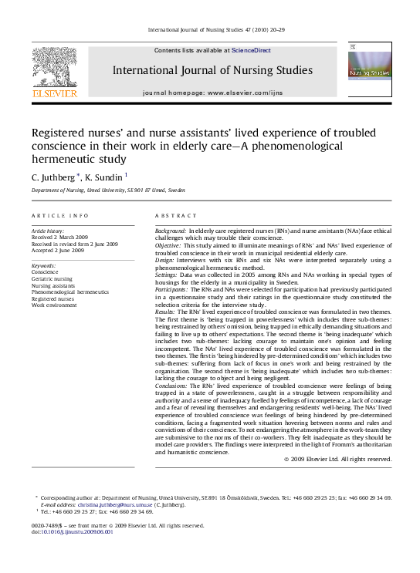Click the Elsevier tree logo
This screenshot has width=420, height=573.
54,70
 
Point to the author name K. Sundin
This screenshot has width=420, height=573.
103,177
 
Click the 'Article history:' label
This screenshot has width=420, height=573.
48,231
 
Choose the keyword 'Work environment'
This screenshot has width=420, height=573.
54,305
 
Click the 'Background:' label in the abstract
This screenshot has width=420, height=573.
171,231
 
